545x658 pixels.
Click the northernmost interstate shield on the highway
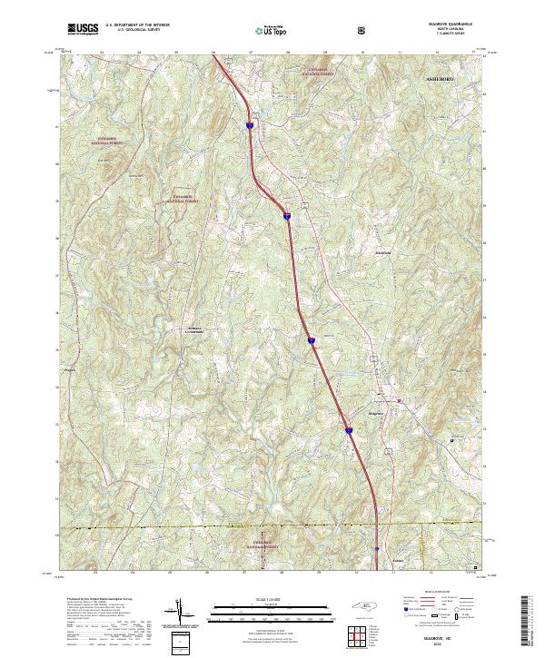[x=249, y=126]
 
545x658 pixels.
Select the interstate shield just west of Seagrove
[x=348, y=430]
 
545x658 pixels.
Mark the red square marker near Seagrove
[x=399, y=400]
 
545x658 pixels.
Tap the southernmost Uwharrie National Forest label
[x=263, y=545]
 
